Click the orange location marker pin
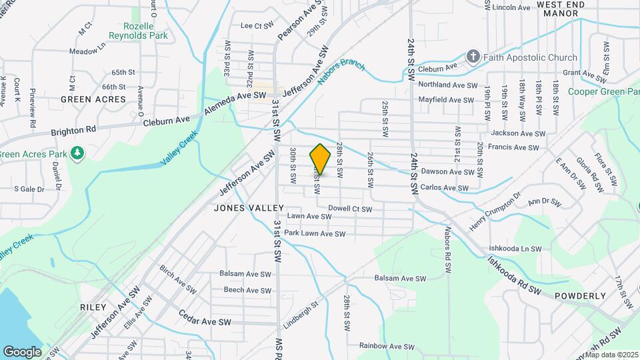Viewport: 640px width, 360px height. [x=320, y=159]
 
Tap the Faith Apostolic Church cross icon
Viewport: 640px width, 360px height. [x=473, y=56]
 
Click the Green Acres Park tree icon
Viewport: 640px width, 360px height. [x=78, y=154]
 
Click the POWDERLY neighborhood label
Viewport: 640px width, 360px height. [x=579, y=296]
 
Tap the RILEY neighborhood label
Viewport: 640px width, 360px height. [x=93, y=307]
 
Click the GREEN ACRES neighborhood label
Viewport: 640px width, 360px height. [x=93, y=99]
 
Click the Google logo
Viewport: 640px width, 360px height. [x=21, y=351]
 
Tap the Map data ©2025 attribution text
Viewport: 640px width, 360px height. [x=611, y=355]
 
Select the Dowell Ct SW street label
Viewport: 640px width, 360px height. [x=350, y=209]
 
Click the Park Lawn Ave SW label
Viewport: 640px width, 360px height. [x=315, y=234]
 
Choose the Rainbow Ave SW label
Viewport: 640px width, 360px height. [x=387, y=347]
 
